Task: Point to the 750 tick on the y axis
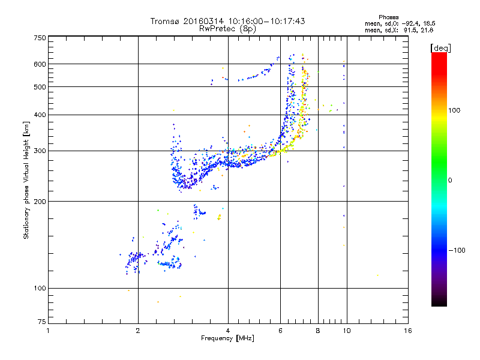coord(39,38)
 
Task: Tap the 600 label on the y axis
coord(39,64)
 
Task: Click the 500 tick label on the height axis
coord(39,87)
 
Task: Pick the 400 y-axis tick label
coord(39,115)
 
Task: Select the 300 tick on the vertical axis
coord(39,151)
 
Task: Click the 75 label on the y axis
coord(41,323)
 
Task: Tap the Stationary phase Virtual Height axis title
coord(26,181)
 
